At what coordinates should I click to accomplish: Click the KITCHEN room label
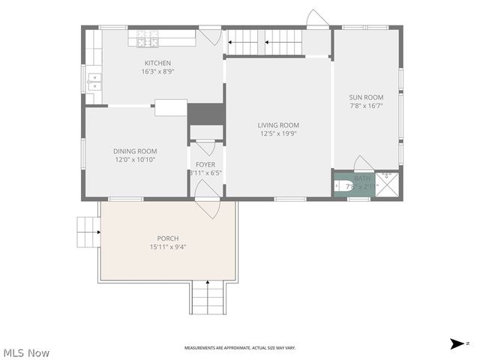[157, 63]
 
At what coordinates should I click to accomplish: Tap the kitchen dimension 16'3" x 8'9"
[157, 72]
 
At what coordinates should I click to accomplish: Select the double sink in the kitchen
[94, 81]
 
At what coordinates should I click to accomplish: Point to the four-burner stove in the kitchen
[146, 34]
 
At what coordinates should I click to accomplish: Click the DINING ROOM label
[135, 151]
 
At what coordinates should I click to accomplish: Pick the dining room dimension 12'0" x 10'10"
[135, 160]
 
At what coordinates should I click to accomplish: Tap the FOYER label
[205, 164]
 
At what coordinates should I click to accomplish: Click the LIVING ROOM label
[278, 125]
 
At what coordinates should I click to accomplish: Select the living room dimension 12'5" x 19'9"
[278, 134]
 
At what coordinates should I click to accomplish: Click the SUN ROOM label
[366, 97]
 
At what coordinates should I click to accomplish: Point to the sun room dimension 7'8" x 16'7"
[366, 106]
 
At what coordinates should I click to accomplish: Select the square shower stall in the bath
[387, 184]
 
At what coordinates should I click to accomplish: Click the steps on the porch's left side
[88, 232]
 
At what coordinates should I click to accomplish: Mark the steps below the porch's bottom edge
[208, 297]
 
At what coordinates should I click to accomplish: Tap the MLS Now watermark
[26, 352]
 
